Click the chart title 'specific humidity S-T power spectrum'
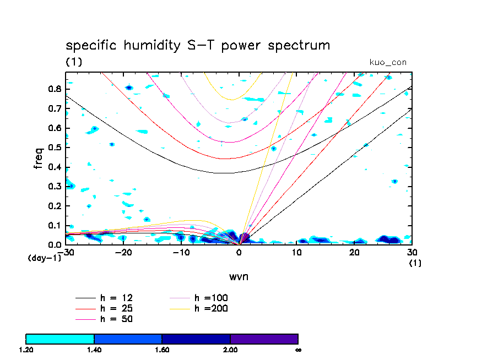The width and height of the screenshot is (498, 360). [198, 45]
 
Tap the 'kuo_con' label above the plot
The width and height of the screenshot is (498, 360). [388, 62]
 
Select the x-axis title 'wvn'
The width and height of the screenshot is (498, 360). [239, 276]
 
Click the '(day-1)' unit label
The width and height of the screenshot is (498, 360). [45, 258]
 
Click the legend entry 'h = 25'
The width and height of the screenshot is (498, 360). [116, 308]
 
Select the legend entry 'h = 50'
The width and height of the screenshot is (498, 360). [116, 319]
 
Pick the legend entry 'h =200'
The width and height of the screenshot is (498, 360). [211, 308]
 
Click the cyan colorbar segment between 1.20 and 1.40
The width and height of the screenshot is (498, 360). [60, 339]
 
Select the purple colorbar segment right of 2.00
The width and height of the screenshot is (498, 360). [264, 339]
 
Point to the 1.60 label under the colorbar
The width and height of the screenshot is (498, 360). [161, 350]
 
